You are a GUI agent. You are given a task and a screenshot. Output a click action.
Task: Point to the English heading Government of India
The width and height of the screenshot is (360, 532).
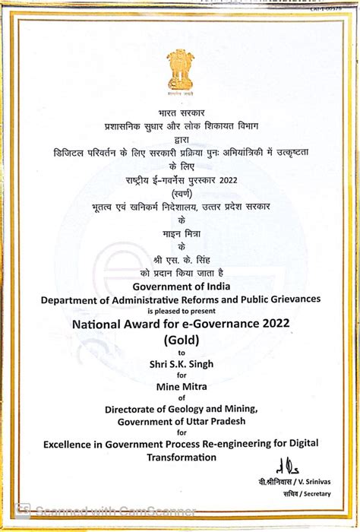coord(180,286)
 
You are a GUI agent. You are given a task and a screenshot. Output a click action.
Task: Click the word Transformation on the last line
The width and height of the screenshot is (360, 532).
coord(180,457)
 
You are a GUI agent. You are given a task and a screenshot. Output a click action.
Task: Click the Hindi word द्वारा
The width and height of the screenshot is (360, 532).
coord(180,140)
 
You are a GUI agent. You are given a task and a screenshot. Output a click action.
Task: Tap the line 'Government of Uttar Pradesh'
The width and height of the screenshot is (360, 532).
coord(180,421)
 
